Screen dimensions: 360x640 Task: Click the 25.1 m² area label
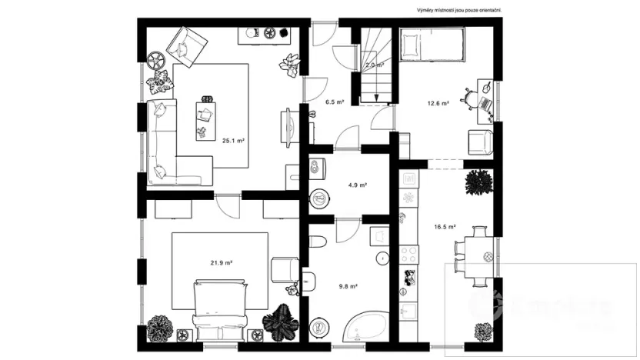(x=233, y=141)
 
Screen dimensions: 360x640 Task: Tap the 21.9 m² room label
(x=222, y=262)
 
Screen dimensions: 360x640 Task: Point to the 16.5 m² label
(x=445, y=227)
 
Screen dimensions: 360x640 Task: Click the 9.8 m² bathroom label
(x=348, y=286)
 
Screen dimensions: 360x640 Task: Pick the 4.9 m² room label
(x=358, y=185)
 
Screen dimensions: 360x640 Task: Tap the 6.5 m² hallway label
(x=333, y=101)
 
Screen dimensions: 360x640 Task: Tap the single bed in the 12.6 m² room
(x=433, y=44)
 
